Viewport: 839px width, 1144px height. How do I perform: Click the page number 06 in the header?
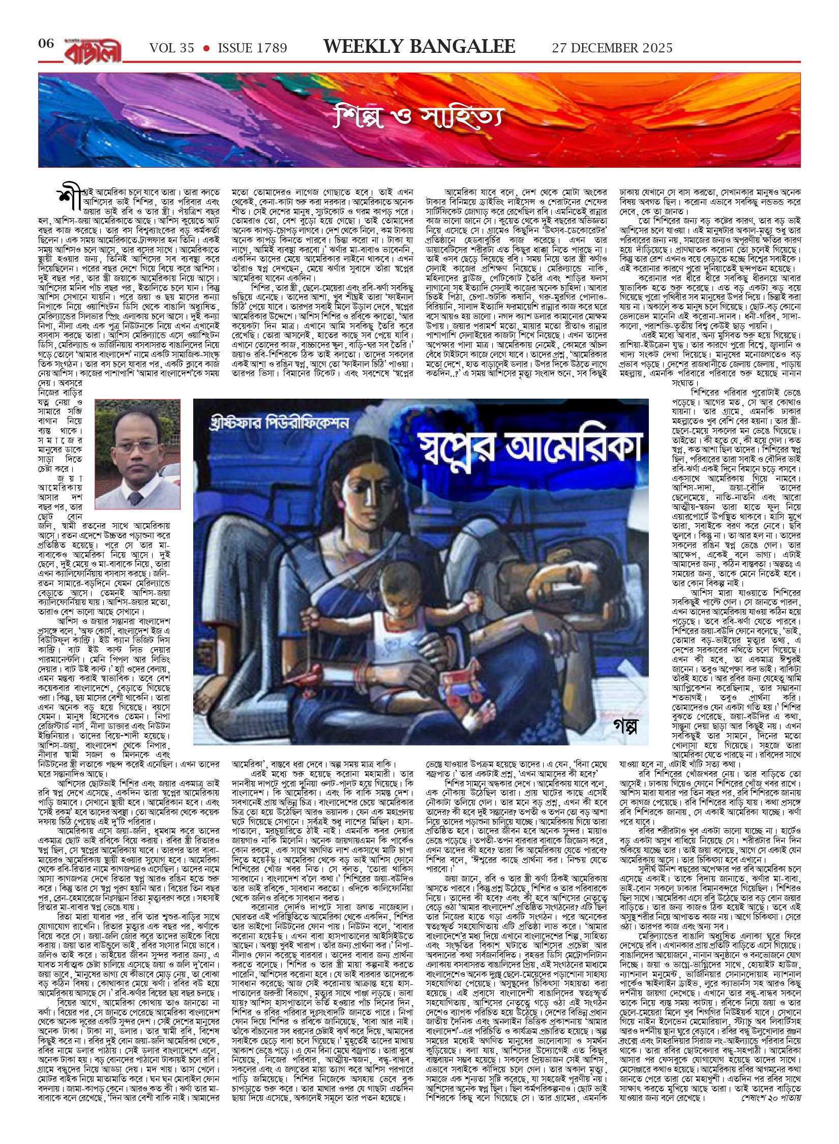(46, 44)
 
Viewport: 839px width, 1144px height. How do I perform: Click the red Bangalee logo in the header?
(93, 51)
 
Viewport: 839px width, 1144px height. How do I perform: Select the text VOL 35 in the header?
(172, 48)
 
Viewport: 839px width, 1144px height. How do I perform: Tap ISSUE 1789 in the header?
(252, 48)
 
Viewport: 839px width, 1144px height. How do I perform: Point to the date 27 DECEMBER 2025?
(612, 48)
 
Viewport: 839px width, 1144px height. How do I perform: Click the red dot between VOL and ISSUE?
(206, 48)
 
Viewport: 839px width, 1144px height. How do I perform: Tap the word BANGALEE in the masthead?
(462, 47)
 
